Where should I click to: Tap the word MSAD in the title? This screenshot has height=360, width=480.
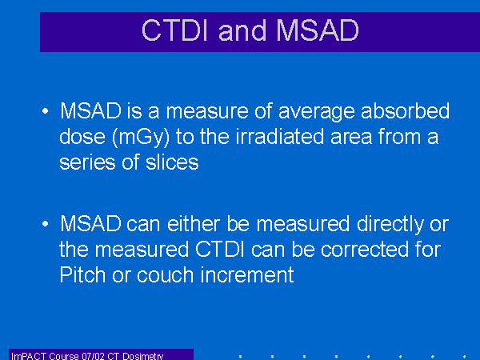pos(317,30)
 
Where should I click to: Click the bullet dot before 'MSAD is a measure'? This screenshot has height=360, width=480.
pos(46,111)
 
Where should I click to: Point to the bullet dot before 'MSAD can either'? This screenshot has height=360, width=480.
pos(46,224)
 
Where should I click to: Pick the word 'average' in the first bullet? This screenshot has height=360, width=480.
pos(317,112)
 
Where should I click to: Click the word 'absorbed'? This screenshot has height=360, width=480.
pos(406,110)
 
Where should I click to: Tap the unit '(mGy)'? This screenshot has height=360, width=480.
pos(141,138)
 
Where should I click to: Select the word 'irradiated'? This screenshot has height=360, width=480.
pos(280,136)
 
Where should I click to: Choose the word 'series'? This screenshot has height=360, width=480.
pos(87,162)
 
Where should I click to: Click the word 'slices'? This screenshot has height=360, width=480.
pos(172,162)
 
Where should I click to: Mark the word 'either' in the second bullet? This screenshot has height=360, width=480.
pos(194,223)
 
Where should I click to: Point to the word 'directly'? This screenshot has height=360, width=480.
pos(390,225)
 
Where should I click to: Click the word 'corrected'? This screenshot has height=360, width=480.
pos(365,249)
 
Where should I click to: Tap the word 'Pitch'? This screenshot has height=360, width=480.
pos(82,274)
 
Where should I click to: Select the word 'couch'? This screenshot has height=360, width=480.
pos(166,274)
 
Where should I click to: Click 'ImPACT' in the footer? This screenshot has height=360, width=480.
pos(29,356)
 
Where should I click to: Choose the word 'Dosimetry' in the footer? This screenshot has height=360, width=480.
pos(142,356)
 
